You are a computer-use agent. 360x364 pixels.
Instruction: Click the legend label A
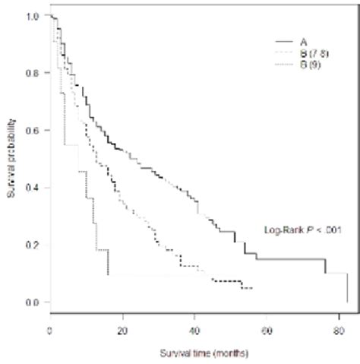click(x=302, y=40)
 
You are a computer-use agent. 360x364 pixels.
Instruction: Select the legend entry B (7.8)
click(x=313, y=52)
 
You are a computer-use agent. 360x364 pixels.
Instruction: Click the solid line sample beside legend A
click(x=283, y=40)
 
